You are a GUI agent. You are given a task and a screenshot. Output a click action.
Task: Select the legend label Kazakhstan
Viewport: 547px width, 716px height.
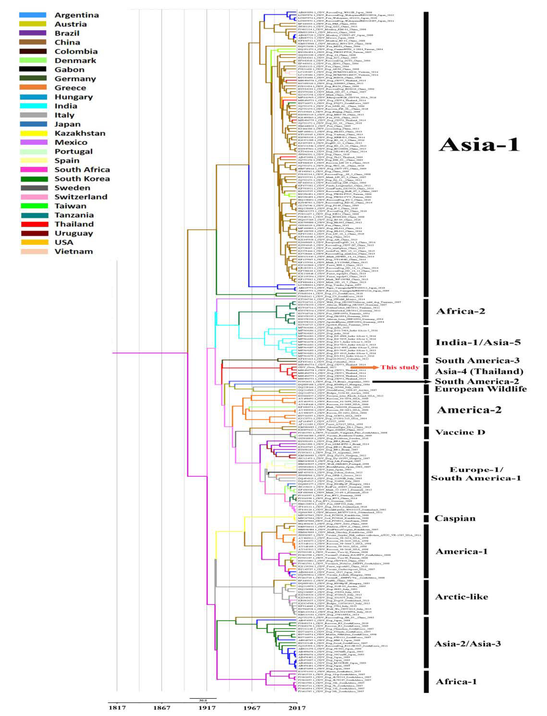coord(80,133)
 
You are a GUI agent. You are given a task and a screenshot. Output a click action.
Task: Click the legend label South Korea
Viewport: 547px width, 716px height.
coord(82,179)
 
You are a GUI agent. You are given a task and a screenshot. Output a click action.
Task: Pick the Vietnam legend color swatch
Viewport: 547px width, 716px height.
coord(33,251)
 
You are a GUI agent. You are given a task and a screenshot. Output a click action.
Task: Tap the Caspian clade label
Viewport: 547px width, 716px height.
coord(455,518)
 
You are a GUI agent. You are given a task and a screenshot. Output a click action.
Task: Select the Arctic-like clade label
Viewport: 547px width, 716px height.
coord(461,597)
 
